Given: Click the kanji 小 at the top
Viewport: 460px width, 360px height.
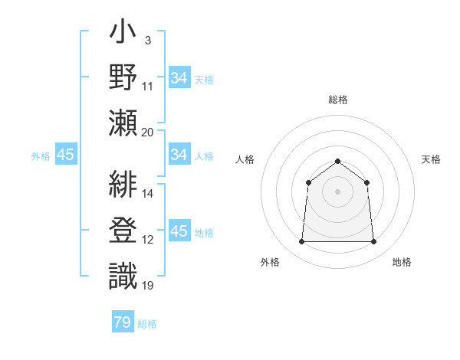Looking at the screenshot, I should click(123, 35).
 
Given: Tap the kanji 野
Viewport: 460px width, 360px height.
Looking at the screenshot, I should click(123, 78).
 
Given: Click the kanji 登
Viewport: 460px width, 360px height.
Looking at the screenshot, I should click(123, 231).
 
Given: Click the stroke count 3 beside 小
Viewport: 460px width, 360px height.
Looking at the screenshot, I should click(147, 40).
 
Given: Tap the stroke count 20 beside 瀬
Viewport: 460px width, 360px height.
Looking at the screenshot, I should click(148, 131).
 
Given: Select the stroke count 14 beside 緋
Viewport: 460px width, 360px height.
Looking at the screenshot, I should click(148, 193).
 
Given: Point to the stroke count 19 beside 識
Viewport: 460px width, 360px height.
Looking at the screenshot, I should click(148, 286).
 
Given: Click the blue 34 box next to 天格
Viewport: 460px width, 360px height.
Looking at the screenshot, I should click(179, 78).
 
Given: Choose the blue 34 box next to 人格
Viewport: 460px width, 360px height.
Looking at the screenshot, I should click(179, 155).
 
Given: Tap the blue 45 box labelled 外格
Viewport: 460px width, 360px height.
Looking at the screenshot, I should click(66, 155).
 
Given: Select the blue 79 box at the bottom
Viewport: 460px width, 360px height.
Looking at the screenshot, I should click(123, 322).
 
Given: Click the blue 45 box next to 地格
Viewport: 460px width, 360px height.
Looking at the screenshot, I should click(179, 231).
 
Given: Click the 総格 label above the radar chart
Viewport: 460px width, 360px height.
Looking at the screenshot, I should click(338, 100).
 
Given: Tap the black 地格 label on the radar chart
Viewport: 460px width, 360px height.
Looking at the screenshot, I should click(402, 263).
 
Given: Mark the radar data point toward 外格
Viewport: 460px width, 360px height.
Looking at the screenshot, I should click(301, 242).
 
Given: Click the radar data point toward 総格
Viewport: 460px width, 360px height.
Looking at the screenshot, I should click(338, 161).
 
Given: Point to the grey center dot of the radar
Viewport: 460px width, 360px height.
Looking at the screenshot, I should click(338, 191).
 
